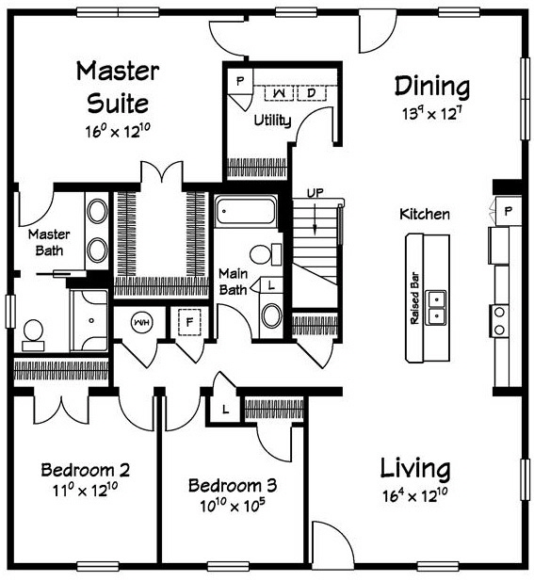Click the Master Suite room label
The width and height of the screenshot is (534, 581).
(118, 86)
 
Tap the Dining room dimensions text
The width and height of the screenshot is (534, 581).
(432, 114)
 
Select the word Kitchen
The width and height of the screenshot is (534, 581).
(425, 215)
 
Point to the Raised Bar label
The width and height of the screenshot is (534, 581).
(413, 299)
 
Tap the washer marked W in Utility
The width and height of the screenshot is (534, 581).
(282, 92)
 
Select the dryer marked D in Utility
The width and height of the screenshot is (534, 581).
(310, 92)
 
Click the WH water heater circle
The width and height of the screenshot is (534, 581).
(141, 322)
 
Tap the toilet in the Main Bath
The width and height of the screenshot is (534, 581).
(266, 252)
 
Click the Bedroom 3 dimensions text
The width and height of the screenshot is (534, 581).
(232, 506)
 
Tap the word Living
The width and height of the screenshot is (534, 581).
(415, 468)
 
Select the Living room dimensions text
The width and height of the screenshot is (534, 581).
(415, 495)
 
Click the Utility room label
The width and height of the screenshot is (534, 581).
(273, 121)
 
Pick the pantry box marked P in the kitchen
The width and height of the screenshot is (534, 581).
(508, 210)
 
